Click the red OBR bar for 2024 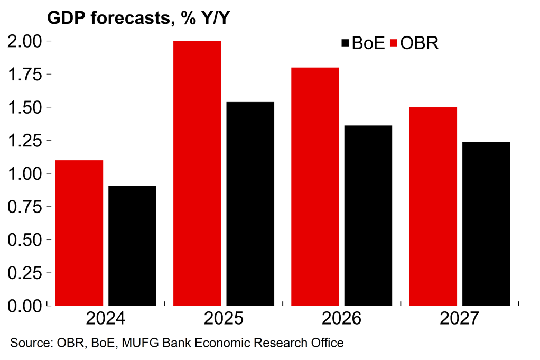point(79,233)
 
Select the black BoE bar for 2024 point(132,246)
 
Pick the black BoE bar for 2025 point(250,204)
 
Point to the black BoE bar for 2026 point(368,216)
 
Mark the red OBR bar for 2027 point(433,206)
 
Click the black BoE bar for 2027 point(486,224)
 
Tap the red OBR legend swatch point(394,43)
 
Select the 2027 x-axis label point(459,319)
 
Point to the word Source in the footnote point(29,343)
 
